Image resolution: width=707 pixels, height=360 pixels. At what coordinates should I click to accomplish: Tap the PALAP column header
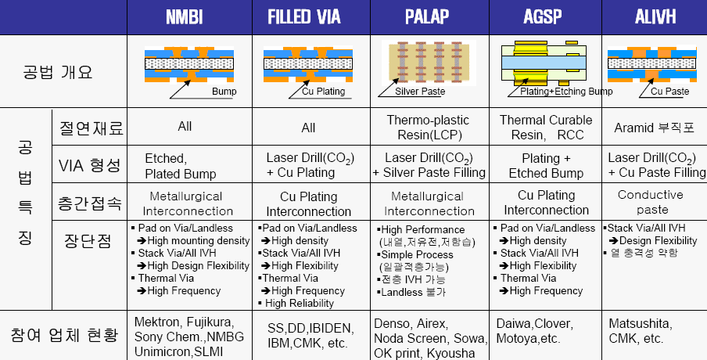coord(427,17)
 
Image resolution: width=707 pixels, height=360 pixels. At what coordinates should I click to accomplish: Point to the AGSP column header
coord(544,17)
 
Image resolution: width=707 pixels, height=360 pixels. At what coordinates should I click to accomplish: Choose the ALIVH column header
coord(654,17)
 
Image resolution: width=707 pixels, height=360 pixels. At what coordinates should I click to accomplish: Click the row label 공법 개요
coord(58,72)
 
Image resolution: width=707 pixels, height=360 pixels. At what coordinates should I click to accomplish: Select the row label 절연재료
coord(90,126)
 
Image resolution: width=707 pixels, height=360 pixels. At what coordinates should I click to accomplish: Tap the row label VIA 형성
coord(90,165)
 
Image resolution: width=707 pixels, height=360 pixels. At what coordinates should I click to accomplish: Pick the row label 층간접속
coord(90,203)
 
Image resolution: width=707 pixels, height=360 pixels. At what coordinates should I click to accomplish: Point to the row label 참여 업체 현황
coord(63,336)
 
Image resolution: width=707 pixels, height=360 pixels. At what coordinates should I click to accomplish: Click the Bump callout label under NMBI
coord(224,92)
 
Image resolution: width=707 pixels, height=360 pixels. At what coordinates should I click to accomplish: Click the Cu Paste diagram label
coord(669,92)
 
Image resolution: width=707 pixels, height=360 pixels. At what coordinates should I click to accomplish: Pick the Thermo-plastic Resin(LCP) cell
coord(429,127)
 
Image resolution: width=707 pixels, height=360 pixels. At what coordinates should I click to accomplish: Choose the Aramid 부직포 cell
coord(655,128)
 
